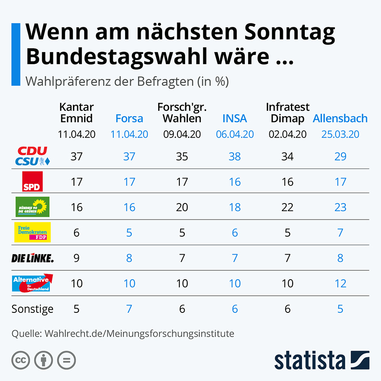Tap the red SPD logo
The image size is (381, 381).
[32, 182]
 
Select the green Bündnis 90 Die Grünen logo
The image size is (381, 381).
[32, 207]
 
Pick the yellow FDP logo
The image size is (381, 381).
[32, 232]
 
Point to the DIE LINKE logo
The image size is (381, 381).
[32, 258]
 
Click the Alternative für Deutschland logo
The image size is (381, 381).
[32, 283]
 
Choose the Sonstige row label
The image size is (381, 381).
[32, 309]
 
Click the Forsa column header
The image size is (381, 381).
[129, 118]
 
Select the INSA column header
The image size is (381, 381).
[234, 118]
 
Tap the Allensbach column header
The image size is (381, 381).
[340, 118]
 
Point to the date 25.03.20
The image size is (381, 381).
[340, 134]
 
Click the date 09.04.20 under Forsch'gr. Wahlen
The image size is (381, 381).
[182, 134]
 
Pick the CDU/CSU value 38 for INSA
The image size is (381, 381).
[234, 156]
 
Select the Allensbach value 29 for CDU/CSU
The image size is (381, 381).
[340, 156]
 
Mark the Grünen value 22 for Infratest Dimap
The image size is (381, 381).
[287, 207]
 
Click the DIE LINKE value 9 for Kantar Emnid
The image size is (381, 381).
[76, 258]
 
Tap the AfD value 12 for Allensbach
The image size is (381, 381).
[340, 283]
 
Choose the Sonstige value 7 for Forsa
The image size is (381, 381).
[129, 309]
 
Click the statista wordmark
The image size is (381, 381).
[310, 360]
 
